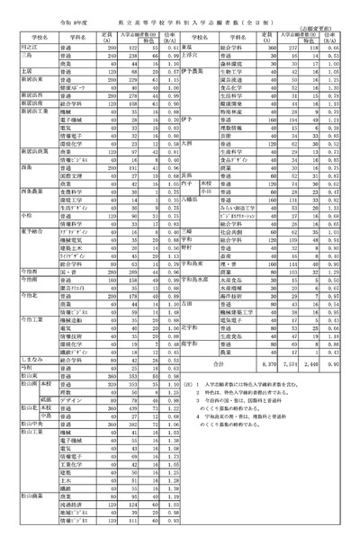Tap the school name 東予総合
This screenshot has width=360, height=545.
coord(30,232)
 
